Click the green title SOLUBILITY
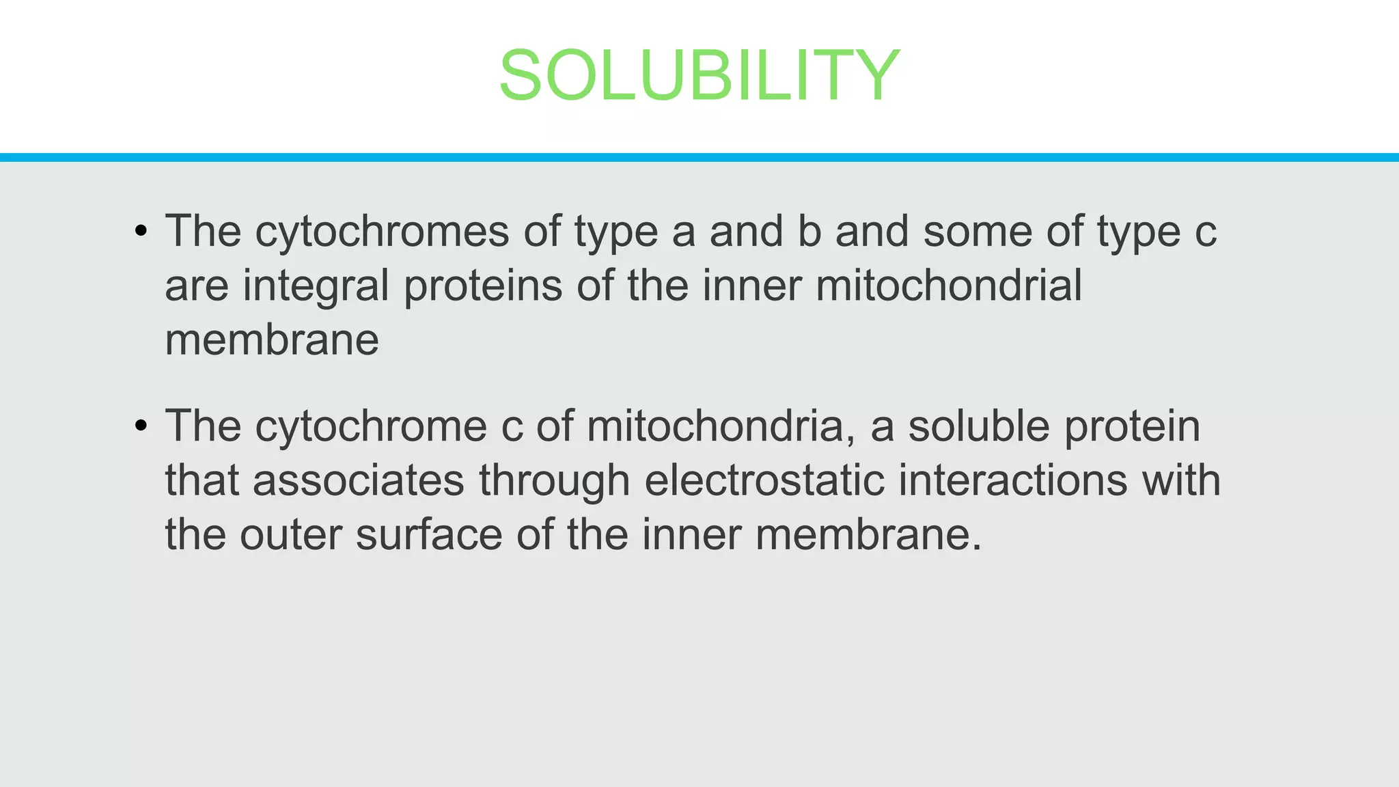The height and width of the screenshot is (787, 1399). [699, 75]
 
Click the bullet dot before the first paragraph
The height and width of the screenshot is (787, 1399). [141, 232]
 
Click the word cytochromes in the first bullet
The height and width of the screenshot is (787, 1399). [382, 232]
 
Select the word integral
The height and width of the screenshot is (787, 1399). [316, 286]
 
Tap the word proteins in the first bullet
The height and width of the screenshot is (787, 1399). [482, 286]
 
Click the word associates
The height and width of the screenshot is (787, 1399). [358, 480]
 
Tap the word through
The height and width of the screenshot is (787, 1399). [554, 480]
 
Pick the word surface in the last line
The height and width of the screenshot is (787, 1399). [429, 534]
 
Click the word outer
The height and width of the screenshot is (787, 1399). [290, 534]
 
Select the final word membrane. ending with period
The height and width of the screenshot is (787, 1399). [868, 534]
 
